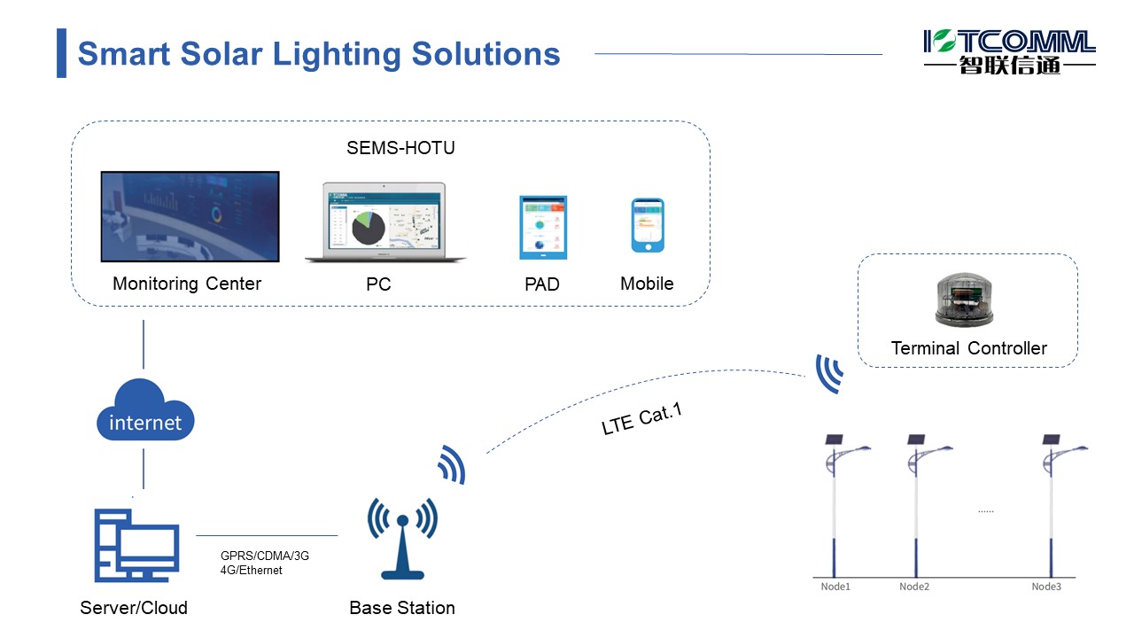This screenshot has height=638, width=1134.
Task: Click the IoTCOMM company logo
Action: (x=1009, y=51)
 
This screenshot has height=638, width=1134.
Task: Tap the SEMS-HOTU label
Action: (x=400, y=148)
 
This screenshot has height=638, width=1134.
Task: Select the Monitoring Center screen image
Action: (x=190, y=216)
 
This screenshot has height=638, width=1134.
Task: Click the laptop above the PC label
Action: (x=385, y=223)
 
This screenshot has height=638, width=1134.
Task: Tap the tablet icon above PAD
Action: (x=542, y=228)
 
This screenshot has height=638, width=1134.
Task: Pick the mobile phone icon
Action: (x=648, y=226)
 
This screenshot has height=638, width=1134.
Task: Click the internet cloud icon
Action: (x=144, y=411)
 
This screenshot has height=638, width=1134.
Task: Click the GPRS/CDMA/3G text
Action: (x=265, y=556)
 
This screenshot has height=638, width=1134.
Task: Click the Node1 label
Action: (x=835, y=587)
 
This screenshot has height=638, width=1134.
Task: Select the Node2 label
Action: (x=914, y=587)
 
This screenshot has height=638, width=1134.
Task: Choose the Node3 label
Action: (x=1046, y=587)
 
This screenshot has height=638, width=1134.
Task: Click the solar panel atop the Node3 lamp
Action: (x=1051, y=439)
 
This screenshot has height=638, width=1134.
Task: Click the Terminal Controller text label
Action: (x=968, y=348)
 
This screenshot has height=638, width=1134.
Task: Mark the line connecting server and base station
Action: (x=266, y=535)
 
